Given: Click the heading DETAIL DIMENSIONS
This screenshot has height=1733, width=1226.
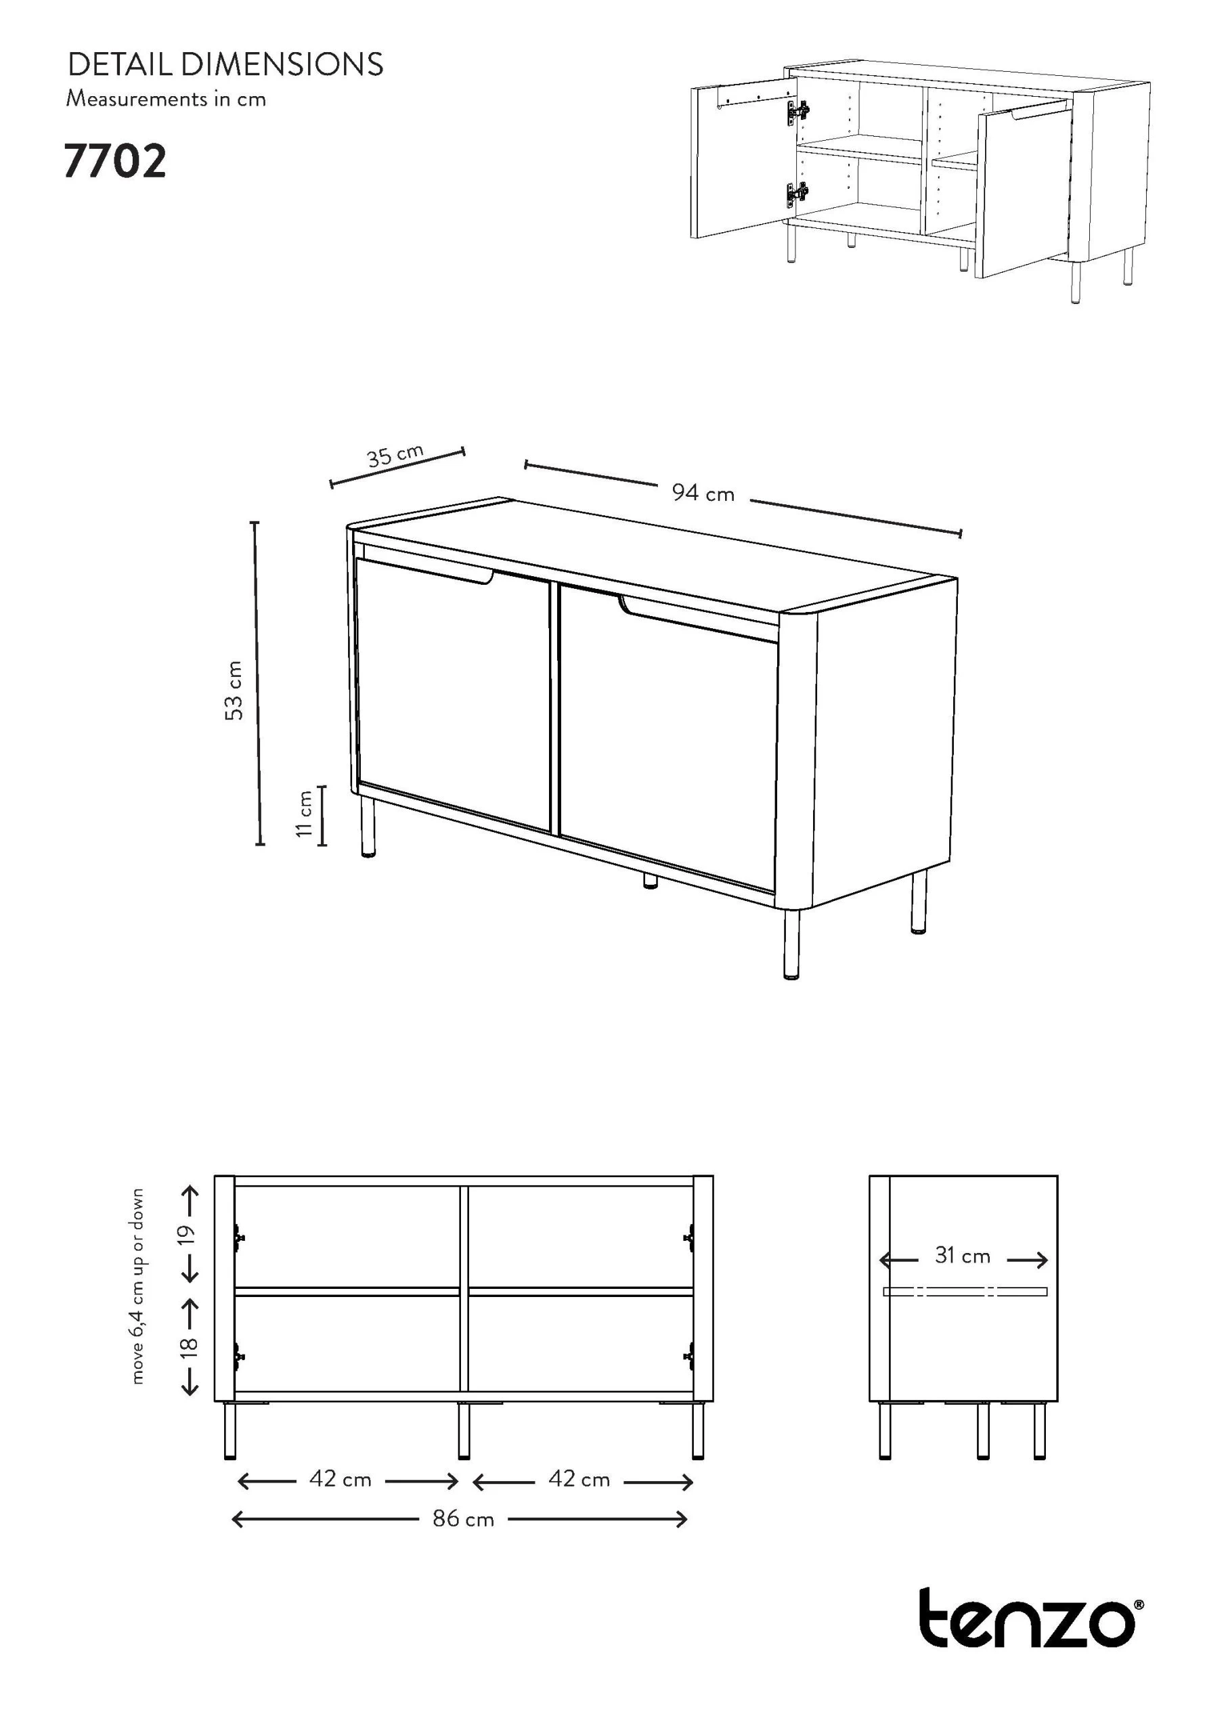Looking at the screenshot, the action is (x=225, y=65).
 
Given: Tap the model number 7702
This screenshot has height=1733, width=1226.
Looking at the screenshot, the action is (x=115, y=162).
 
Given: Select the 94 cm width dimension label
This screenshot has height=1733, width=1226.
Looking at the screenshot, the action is (x=703, y=493).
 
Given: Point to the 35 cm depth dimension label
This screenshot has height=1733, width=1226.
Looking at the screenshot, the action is (x=395, y=455).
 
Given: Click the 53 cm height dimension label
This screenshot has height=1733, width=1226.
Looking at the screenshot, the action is (x=235, y=690).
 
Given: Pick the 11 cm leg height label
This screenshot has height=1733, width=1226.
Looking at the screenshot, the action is (x=304, y=814).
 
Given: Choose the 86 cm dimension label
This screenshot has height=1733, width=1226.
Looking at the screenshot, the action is (x=464, y=1518).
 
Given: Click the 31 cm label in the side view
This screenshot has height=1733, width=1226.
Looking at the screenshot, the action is (x=963, y=1255).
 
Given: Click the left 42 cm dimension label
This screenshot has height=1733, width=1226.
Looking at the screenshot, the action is (x=341, y=1479).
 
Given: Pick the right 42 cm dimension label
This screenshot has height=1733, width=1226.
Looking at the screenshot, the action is (x=579, y=1479).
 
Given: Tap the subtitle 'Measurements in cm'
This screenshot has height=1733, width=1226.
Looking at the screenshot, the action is (x=166, y=99).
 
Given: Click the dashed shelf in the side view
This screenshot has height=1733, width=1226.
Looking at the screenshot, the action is (x=965, y=1292).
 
